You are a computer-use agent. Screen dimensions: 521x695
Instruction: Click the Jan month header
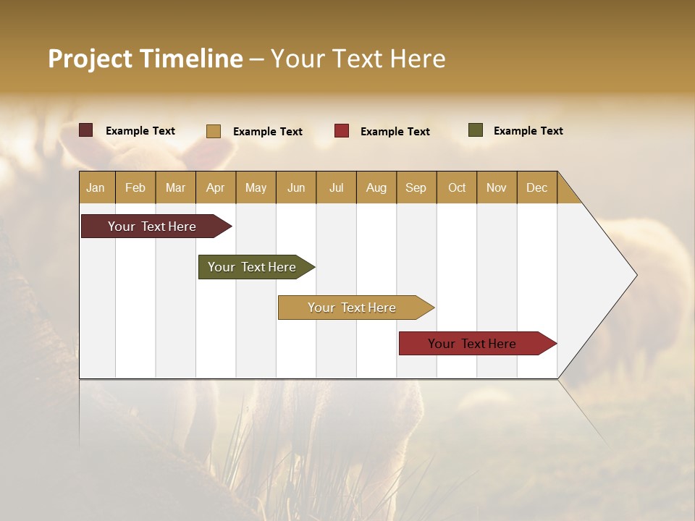pyautogui.click(x=96, y=187)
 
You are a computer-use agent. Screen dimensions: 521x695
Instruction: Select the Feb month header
pyautogui.click(x=135, y=187)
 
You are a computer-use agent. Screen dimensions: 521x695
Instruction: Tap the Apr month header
pyautogui.click(x=215, y=187)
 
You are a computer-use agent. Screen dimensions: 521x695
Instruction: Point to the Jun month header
pyautogui.click(x=296, y=187)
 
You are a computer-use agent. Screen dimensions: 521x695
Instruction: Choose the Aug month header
pyautogui.click(x=376, y=187)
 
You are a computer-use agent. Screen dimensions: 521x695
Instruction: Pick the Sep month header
pyautogui.click(x=416, y=187)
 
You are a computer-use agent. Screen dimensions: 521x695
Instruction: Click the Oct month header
pyautogui.click(x=457, y=187)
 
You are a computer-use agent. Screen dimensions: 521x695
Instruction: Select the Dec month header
pyautogui.click(x=536, y=187)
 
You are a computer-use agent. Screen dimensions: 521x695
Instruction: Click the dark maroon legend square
pyautogui.click(x=86, y=130)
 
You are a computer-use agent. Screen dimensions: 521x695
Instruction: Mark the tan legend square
pyautogui.click(x=214, y=131)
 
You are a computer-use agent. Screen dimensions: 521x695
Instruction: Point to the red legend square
pyautogui.click(x=342, y=131)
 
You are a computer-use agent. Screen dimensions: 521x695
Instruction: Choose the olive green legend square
pyautogui.click(x=476, y=130)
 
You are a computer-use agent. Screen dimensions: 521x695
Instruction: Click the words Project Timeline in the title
pyautogui.click(x=146, y=59)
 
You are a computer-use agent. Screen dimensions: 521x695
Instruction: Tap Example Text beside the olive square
pyautogui.click(x=528, y=131)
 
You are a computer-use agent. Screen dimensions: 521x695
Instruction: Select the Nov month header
pyautogui.click(x=496, y=187)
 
